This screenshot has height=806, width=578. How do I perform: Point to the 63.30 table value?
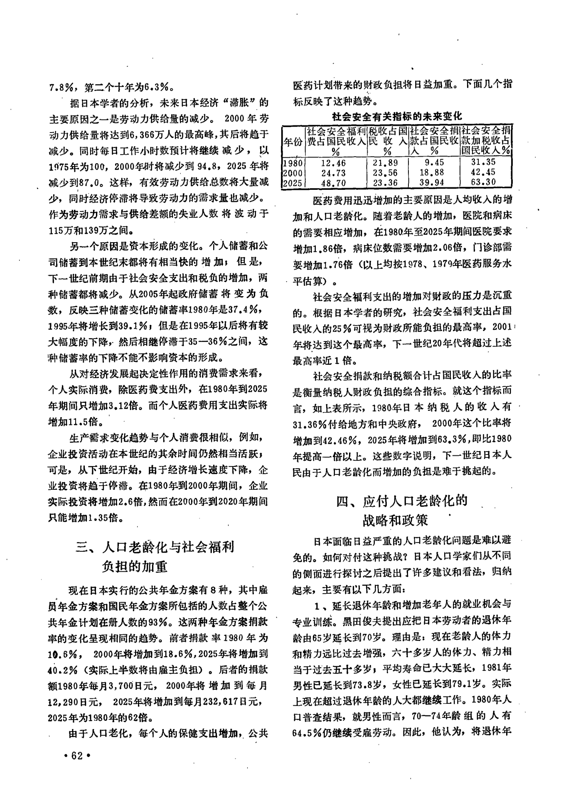484,182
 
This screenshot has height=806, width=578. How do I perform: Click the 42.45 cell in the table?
484,172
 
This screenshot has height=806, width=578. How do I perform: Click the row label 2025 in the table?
293,183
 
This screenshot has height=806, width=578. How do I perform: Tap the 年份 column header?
293,141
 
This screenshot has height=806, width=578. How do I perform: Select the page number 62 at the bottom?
77,756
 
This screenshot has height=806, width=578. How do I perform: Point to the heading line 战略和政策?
395,520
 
